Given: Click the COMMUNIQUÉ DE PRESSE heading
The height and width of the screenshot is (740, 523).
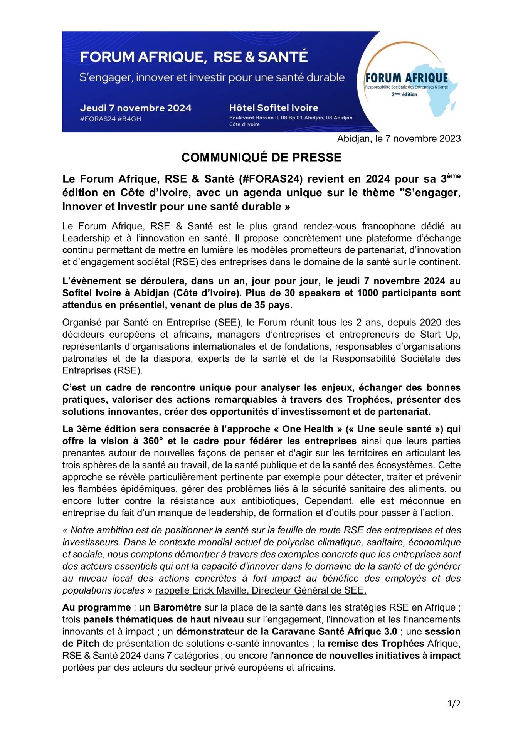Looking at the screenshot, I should click(261, 158).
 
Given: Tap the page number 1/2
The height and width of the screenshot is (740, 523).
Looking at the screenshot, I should click(454, 704).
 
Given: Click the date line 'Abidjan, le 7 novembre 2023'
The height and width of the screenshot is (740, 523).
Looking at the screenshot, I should click(399, 139).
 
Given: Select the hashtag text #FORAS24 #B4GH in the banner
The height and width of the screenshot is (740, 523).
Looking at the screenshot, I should click(111, 119).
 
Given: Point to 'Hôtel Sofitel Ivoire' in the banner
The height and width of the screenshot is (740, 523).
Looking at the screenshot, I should click(273, 108).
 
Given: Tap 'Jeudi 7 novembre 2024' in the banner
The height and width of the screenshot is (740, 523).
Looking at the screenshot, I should click(136, 108).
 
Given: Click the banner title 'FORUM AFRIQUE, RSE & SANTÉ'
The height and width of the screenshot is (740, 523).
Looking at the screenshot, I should click(194, 57).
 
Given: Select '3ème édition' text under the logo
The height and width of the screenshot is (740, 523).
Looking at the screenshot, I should click(404, 94).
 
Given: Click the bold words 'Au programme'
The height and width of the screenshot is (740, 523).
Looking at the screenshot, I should click(96, 608).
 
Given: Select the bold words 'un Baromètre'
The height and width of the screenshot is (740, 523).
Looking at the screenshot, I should click(170, 608).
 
